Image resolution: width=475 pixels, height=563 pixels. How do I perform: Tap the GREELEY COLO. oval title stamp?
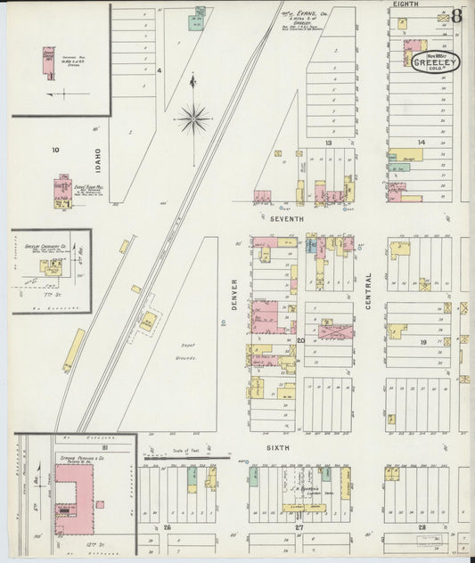coord(437,62)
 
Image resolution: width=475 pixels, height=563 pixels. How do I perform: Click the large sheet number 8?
coord(456,15)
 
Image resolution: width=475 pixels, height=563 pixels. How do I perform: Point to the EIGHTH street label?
coord(405,5)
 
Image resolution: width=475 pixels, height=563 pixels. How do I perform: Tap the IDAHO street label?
coord(98,161)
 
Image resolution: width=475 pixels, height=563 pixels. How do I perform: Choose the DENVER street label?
coord(234,295)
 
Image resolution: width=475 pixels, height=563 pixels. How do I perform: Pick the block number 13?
coord(328,143)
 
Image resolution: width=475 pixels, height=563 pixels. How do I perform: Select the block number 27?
coord(300,527)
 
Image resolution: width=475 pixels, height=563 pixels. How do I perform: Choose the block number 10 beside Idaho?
coord(54,150)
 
